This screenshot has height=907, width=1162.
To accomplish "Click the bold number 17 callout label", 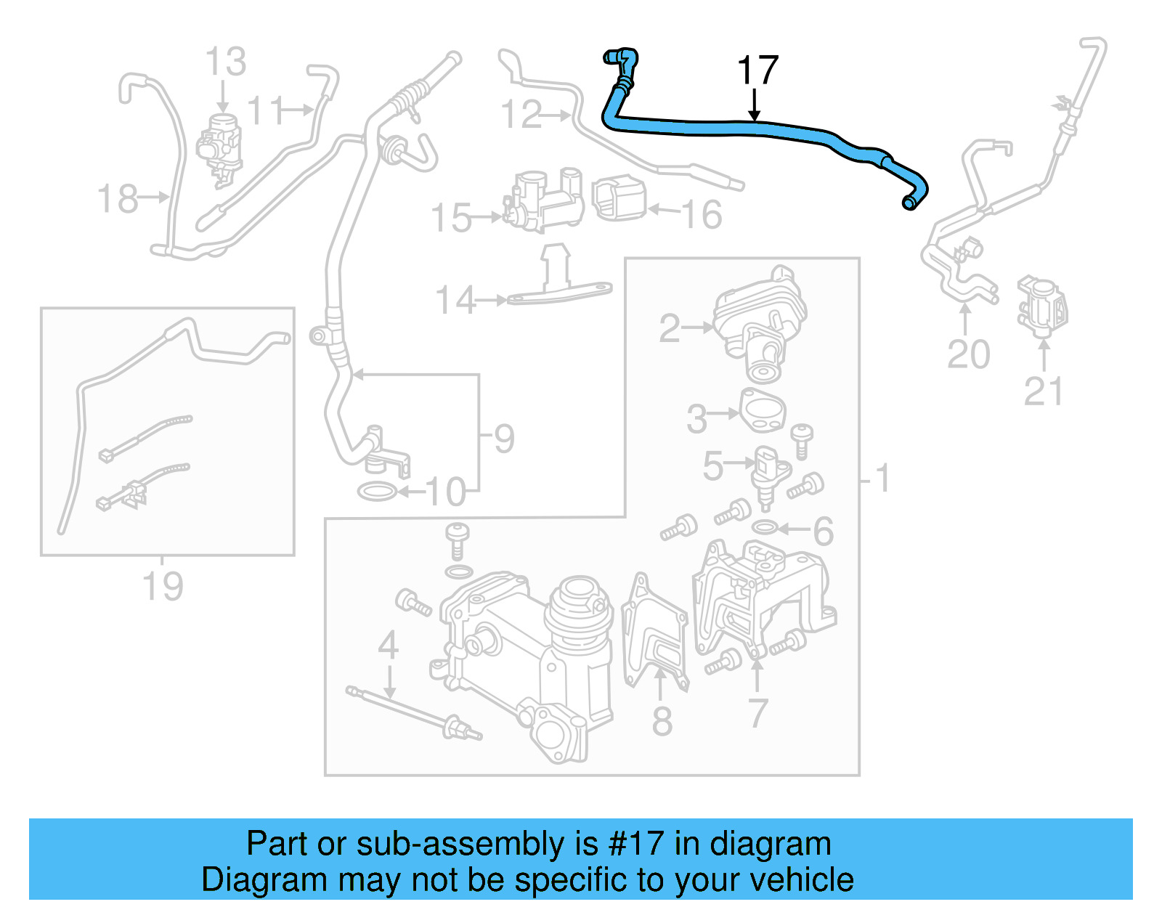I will click(x=757, y=70).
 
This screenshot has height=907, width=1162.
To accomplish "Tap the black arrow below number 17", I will click(x=755, y=105).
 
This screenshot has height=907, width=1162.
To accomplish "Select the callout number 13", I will click(x=225, y=62).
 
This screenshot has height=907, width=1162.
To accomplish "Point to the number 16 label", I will click(x=702, y=214).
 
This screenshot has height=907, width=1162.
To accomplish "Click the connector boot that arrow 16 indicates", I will click(x=619, y=198).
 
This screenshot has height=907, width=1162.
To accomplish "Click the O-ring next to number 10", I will click(x=377, y=492).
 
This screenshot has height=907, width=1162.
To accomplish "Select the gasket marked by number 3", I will click(x=763, y=411).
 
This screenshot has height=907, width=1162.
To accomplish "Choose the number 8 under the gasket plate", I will click(x=662, y=721).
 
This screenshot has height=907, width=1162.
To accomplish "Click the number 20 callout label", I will click(x=968, y=354).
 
